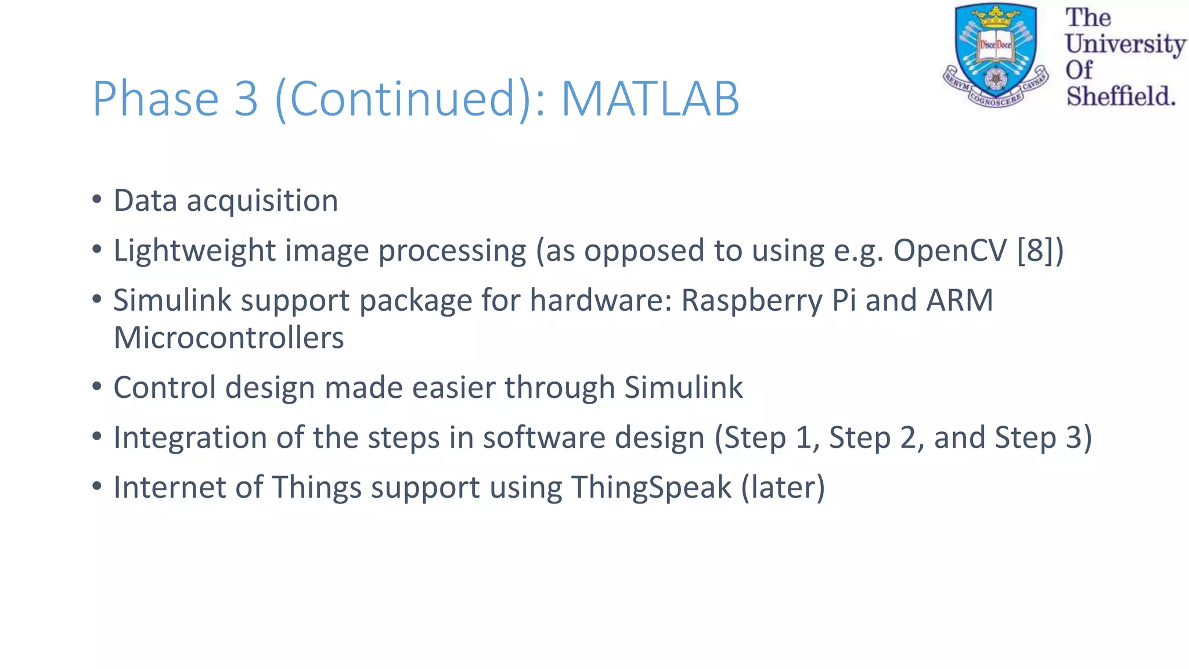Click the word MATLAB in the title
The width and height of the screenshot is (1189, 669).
point(650,99)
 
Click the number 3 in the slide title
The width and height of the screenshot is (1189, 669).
point(246,99)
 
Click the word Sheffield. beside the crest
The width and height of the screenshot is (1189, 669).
point(1120,96)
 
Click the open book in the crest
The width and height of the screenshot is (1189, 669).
point(996,45)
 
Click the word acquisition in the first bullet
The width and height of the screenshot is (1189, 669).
point(262,201)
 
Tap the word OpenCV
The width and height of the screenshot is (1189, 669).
point(950,251)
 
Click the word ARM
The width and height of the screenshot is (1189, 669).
point(960,301)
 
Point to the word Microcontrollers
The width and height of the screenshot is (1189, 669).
point(229,338)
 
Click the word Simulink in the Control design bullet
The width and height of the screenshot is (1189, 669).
point(683,387)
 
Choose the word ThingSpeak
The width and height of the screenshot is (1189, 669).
point(651,487)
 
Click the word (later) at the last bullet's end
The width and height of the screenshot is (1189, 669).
point(783,487)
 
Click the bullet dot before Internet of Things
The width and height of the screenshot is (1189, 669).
point(97,487)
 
